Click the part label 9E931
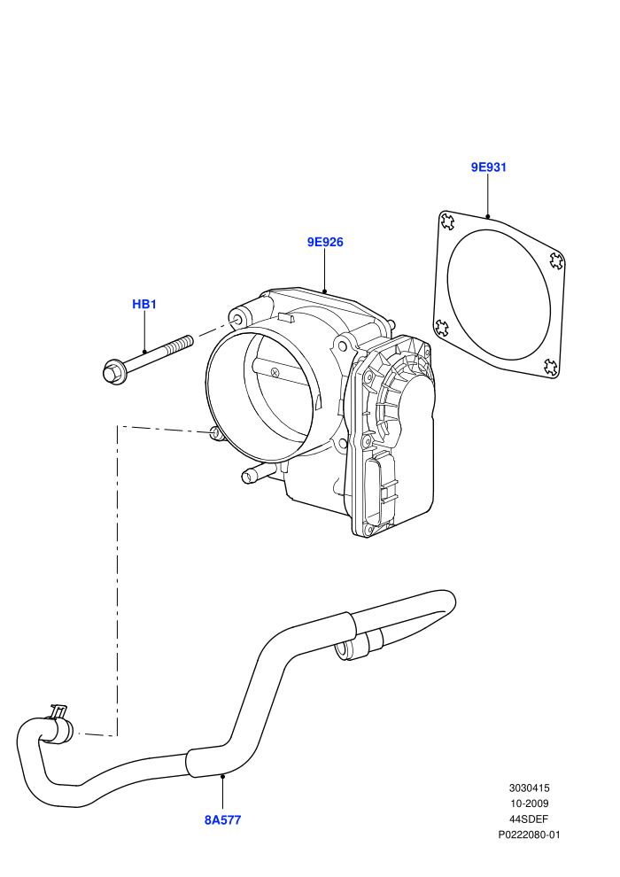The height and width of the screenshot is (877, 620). pos(488,167)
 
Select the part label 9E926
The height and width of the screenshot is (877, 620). pos(325,242)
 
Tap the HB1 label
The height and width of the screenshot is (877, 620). pos(144,304)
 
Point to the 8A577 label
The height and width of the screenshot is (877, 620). pos(222,820)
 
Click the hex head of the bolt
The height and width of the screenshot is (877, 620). pos(113,372)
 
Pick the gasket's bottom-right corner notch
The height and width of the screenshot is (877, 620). pos(551,367)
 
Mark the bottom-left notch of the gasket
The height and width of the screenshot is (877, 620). pos(441,327)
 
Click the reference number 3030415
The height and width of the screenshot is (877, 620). pos(529,788)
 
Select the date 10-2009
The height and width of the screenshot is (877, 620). pos(529,803)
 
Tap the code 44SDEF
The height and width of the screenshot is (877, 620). pos(529,819)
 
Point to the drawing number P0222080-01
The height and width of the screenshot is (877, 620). pos(529,835)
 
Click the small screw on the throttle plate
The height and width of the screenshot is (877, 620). pos(275,372)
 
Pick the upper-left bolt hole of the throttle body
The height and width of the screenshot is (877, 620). pos(237,320)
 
